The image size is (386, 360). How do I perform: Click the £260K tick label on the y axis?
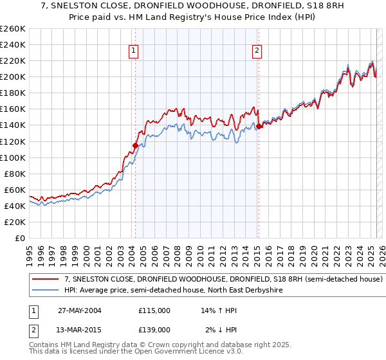pos(13,29)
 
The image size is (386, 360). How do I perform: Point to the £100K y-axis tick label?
pos(13,157)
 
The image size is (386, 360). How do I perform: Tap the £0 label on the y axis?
pos(20,238)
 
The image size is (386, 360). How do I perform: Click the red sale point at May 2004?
pos(135,145)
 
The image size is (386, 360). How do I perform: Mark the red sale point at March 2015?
pos(259,126)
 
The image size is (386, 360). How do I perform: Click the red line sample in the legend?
pos(46,280)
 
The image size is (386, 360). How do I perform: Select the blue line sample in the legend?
pos(46,290)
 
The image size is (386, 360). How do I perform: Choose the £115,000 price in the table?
pos(154,310)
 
